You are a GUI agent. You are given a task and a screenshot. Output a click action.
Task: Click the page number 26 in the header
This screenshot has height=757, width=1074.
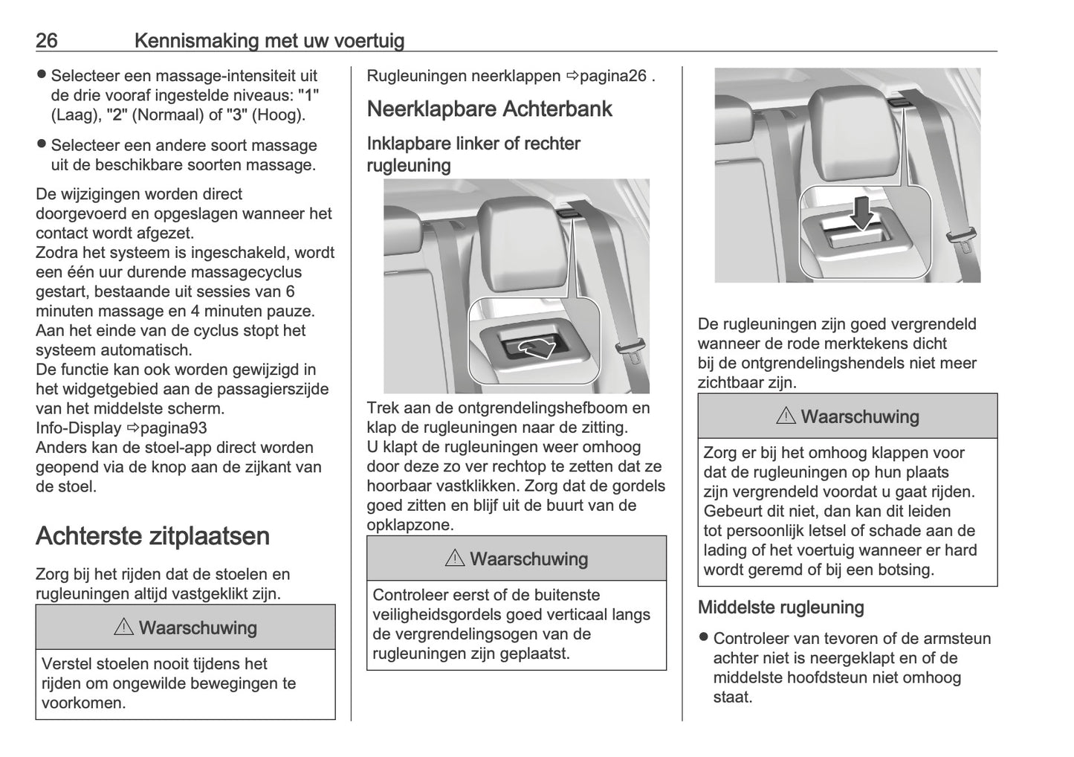pyautogui.click(x=46, y=40)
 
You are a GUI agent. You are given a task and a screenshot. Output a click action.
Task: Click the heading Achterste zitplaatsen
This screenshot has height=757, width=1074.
pyautogui.click(x=152, y=536)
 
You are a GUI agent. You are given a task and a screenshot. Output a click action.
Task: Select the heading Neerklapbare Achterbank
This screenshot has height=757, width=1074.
pyautogui.click(x=489, y=109)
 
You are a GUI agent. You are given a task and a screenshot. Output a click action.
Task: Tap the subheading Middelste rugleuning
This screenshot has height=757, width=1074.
pyautogui.click(x=780, y=608)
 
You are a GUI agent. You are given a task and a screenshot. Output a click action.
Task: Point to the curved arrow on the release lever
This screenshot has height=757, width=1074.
pyautogui.click(x=536, y=346)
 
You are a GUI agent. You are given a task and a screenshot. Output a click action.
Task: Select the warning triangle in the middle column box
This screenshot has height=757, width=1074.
pyautogui.click(x=455, y=558)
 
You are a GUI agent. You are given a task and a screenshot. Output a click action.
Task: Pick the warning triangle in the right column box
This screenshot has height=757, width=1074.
pyautogui.click(x=786, y=416)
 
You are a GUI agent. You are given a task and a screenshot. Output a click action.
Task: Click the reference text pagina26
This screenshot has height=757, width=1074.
pyautogui.click(x=612, y=76)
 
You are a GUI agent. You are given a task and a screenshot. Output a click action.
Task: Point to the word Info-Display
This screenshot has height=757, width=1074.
pyautogui.click(x=78, y=428)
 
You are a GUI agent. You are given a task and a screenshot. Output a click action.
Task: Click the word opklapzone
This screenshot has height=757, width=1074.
pyautogui.click(x=410, y=525)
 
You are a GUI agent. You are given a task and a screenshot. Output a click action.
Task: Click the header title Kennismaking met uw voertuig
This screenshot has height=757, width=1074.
pyautogui.click(x=269, y=40)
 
